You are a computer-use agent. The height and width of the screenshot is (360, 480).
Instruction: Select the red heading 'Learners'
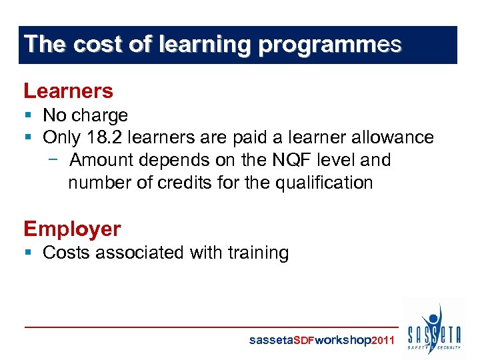(69, 91)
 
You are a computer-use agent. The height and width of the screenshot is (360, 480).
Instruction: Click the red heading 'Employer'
(73, 229)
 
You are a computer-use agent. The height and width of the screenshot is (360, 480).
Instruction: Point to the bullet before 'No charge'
(28, 115)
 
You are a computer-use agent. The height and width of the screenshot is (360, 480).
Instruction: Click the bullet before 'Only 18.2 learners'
(28, 137)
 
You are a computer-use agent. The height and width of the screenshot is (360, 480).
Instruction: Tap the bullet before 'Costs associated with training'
(28, 253)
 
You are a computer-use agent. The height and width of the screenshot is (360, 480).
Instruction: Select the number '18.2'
(103, 137)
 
